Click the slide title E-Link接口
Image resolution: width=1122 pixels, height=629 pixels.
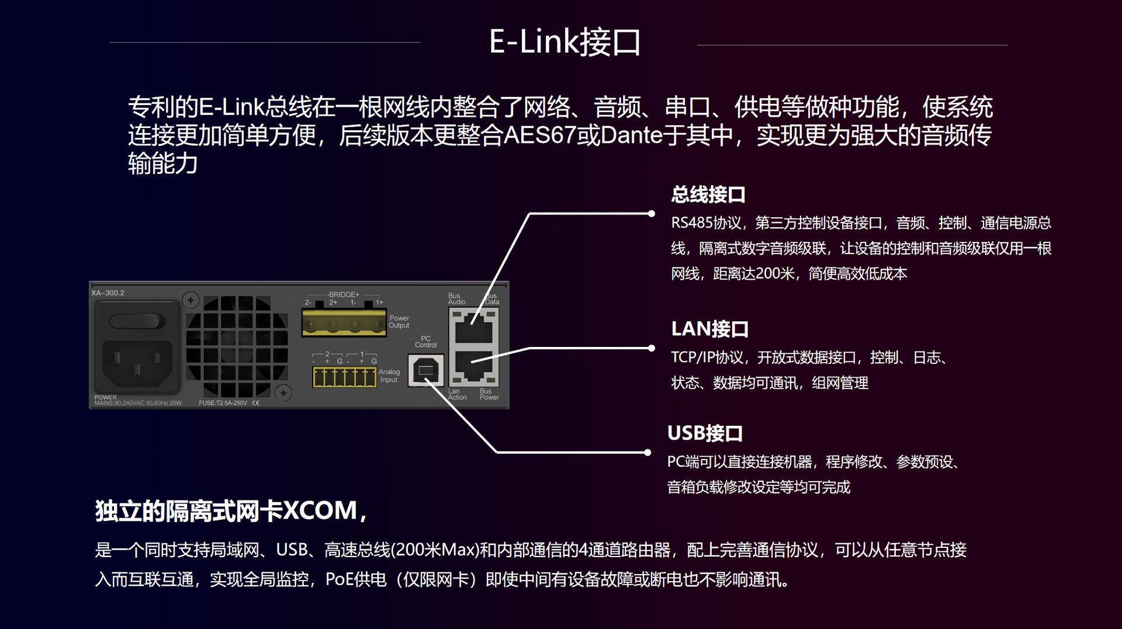pyautogui.click(x=565, y=42)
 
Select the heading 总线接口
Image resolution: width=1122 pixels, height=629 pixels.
pyautogui.click(x=708, y=194)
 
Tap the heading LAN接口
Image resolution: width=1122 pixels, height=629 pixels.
pyautogui.click(x=709, y=329)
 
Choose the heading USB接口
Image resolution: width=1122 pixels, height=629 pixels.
pyautogui.click(x=705, y=433)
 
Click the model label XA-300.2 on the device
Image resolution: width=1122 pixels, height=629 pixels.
pyautogui.click(x=108, y=293)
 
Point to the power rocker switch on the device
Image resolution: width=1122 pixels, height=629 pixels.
pyautogui.click(x=137, y=321)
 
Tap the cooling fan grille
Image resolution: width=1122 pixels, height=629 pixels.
pyautogui.click(x=237, y=347)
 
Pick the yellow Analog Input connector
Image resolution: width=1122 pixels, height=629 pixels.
pyautogui.click(x=344, y=377)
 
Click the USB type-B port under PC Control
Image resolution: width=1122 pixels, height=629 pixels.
pyautogui.click(x=425, y=370)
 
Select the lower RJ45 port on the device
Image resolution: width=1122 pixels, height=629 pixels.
pyautogui.click(x=473, y=367)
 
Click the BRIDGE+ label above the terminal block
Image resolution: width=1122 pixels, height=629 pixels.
pyautogui.click(x=344, y=295)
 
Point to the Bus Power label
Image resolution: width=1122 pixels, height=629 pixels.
pyautogui.click(x=489, y=394)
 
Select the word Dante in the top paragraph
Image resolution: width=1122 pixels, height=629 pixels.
pyautogui.click(x=631, y=135)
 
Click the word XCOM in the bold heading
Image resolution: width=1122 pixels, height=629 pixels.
pyautogui.click(x=320, y=510)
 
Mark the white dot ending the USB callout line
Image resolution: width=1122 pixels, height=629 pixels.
pyautogui.click(x=647, y=452)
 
